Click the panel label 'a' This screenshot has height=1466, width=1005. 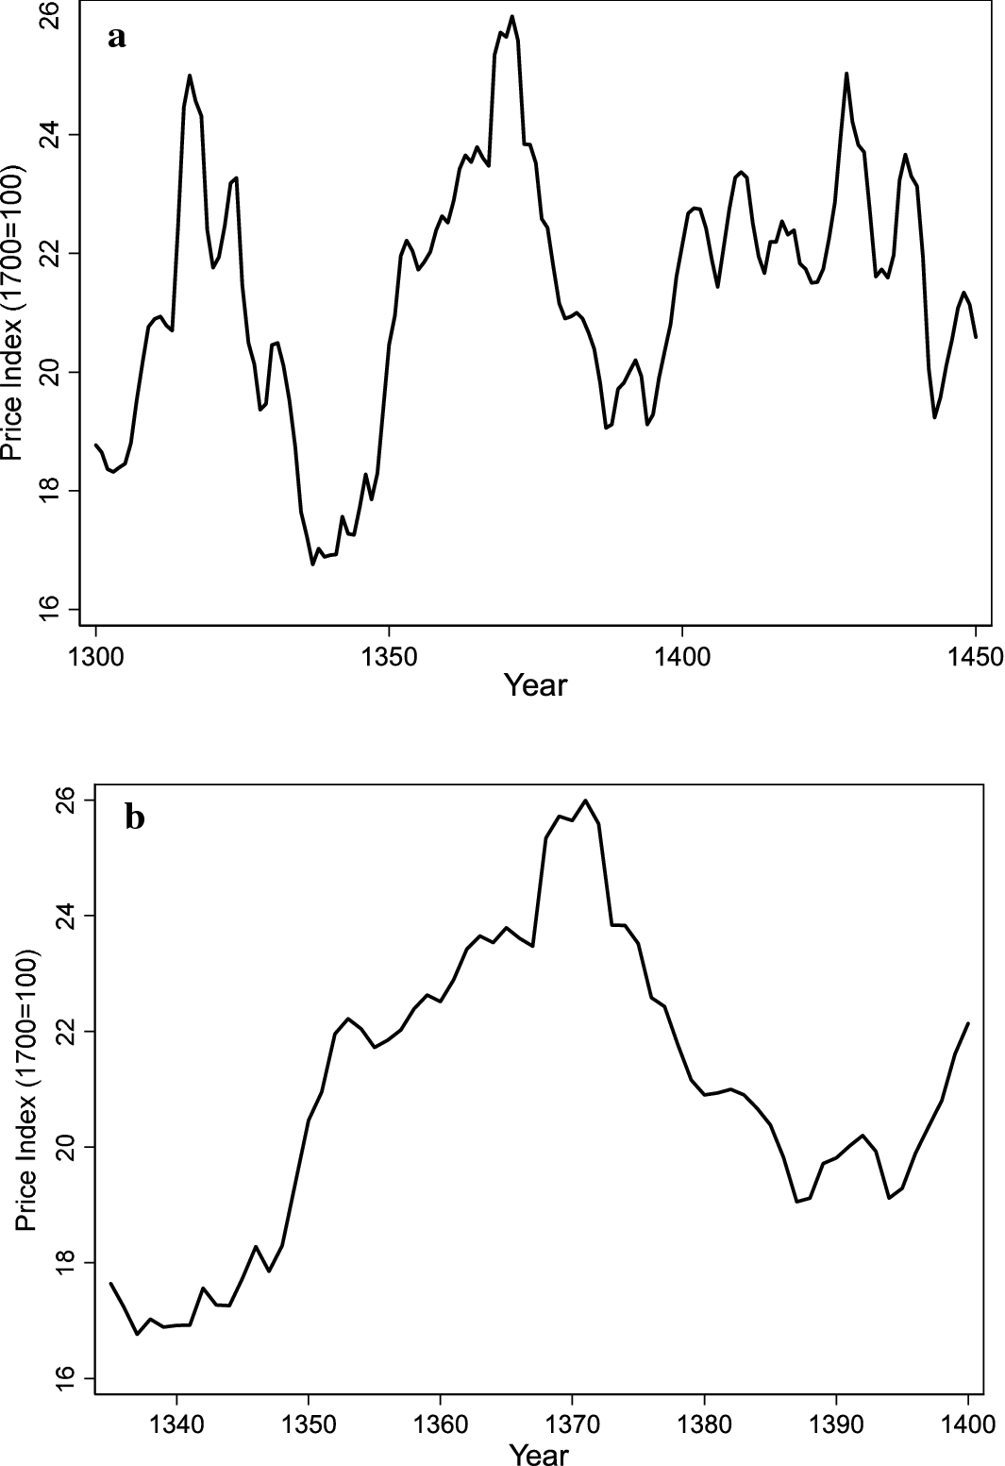click(x=117, y=38)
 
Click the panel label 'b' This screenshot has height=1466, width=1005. click(x=135, y=817)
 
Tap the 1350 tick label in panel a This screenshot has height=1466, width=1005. click(x=389, y=655)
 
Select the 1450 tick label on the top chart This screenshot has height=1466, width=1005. click(x=975, y=655)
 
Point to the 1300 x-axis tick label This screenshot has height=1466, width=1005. click(x=96, y=655)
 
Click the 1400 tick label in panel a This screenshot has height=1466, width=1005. click(x=682, y=655)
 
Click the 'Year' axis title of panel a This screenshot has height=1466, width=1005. click(x=535, y=684)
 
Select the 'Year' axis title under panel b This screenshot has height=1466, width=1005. click(x=538, y=1454)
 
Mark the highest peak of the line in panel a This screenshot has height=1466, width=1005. click(x=511, y=16)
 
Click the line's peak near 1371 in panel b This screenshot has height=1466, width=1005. click(x=586, y=800)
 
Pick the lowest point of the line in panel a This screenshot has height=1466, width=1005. click(x=312, y=564)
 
